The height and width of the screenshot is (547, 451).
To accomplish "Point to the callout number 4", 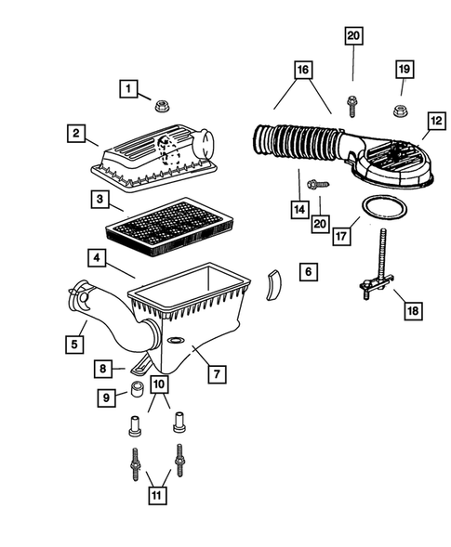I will pos(97,255).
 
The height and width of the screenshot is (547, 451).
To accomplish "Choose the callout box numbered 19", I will pos(403,70).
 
